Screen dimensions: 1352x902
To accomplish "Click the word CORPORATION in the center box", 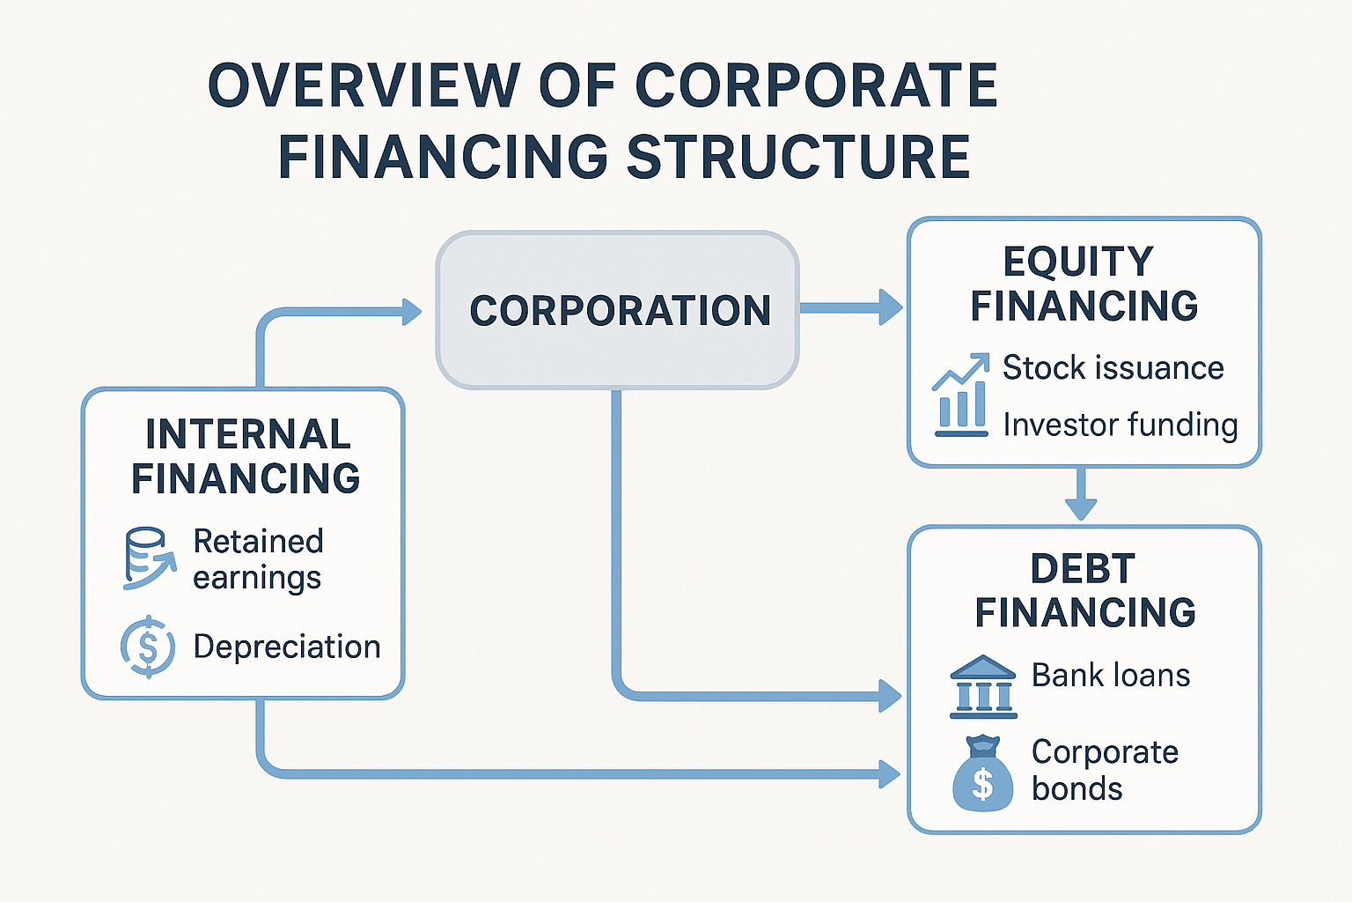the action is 620,311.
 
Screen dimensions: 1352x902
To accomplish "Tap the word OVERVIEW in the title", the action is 364,85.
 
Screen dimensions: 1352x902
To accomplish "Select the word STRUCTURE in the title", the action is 798,156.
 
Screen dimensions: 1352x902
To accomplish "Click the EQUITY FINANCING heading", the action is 1084,284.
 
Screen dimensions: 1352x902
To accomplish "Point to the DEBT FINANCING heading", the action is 1084,590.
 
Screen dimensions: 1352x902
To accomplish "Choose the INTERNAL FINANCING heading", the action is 246,456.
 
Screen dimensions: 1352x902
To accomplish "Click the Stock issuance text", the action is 1113,367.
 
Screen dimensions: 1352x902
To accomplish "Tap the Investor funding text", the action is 1121,424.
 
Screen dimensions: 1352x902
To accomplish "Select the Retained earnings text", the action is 258,558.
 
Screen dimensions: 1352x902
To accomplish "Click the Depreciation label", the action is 287,647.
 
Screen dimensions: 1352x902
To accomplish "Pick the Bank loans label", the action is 1111,675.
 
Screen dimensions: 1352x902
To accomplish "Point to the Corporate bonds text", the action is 1106,770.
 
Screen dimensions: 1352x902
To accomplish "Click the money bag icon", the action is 982,773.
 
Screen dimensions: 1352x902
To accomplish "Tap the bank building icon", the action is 983,687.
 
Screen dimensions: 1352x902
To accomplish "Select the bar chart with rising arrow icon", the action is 961,395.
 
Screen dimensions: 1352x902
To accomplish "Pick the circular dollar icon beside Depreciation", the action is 148,647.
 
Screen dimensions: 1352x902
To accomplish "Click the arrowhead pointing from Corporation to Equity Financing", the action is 891,307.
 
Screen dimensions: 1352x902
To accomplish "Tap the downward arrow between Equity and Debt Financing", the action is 1081,493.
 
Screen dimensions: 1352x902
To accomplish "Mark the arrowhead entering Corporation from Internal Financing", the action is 412,312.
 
